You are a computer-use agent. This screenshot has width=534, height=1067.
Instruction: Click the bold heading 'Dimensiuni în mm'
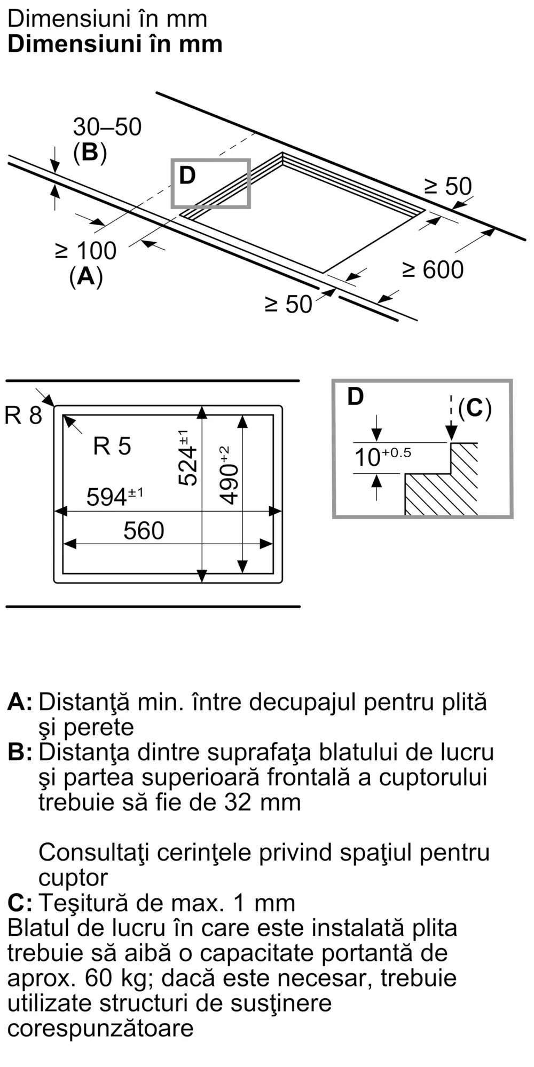[115, 44]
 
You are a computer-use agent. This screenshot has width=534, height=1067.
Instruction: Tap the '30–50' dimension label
[107, 128]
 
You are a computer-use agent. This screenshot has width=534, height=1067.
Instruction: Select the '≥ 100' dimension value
[87, 251]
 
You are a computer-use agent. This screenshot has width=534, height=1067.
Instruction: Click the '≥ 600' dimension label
[433, 270]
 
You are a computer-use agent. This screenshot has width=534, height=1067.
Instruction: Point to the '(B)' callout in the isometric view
[90, 153]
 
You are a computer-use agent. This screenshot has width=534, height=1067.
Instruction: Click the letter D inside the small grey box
[187, 176]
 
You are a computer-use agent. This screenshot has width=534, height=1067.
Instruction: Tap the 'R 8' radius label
[22, 415]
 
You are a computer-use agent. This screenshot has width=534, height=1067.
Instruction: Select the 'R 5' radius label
[112, 446]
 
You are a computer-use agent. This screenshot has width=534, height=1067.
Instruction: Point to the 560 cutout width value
[144, 531]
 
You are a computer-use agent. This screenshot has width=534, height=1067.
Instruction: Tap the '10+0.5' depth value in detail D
[382, 457]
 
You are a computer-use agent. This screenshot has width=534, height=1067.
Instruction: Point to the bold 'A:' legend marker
[20, 702]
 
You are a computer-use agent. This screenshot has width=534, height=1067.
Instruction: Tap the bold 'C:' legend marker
[20, 903]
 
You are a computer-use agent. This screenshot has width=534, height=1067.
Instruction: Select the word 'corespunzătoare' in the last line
[100, 1028]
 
